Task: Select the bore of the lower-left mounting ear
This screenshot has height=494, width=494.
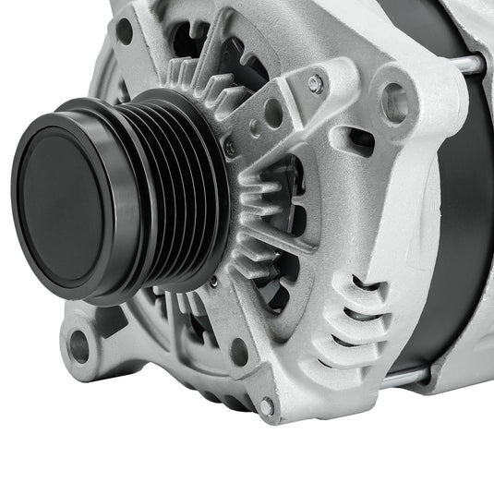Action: coord(79,345)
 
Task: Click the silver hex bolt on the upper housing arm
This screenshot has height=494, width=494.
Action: coord(315,84)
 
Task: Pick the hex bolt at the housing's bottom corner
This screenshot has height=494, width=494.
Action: coord(267,405)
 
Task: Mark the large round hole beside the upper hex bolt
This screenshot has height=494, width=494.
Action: coord(273,113)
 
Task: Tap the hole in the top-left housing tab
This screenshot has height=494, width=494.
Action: coord(124,30)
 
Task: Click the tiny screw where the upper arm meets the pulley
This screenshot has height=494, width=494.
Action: coord(230,148)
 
